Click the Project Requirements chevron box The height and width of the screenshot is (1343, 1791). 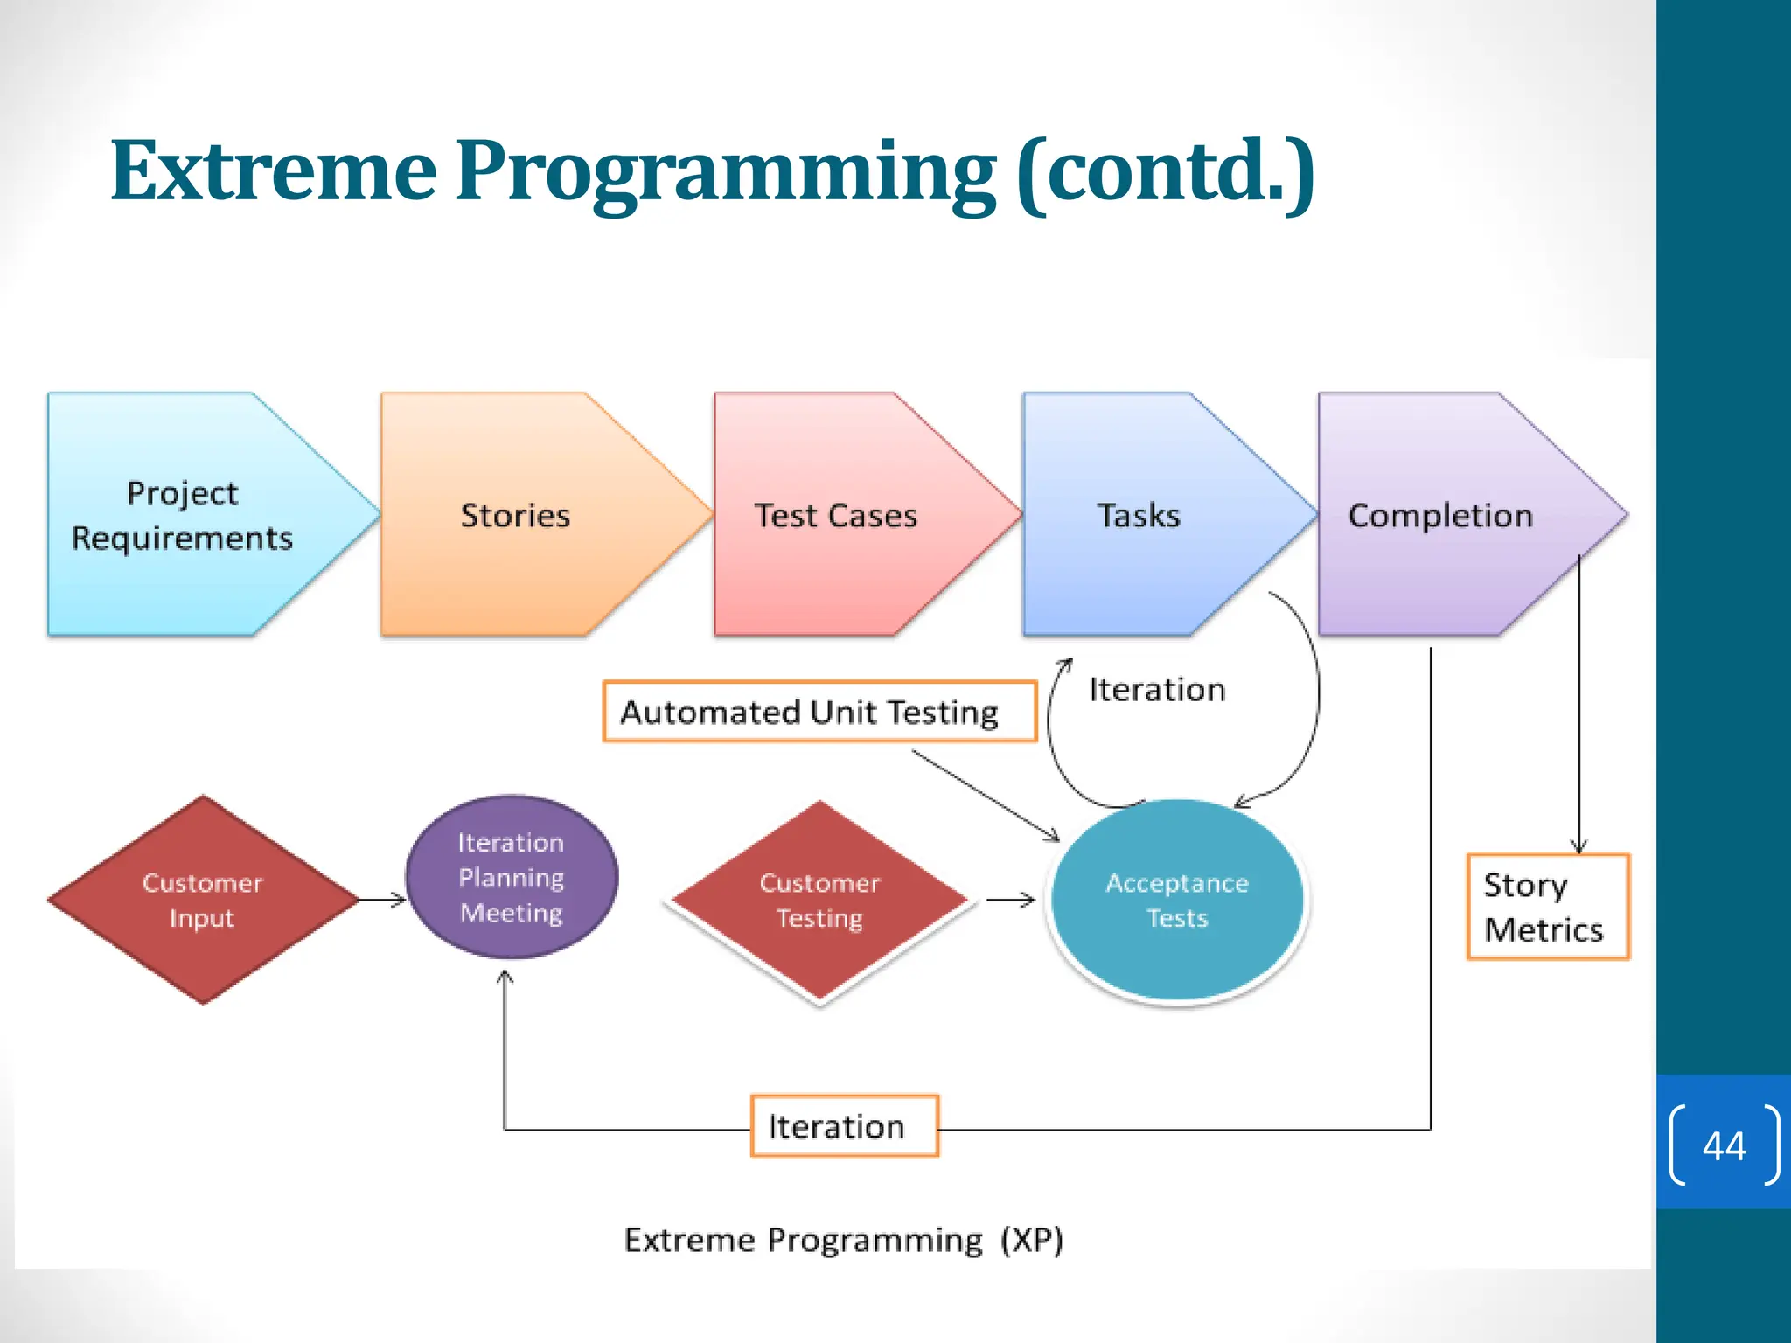pyautogui.click(x=184, y=515)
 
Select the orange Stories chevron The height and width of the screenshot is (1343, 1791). pyautogui.click(x=516, y=515)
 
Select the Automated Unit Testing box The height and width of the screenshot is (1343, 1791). pyautogui.click(x=819, y=712)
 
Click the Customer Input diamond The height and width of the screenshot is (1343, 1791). pyautogui.click(x=203, y=900)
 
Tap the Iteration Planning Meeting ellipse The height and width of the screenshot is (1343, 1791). pyautogui.click(x=512, y=877)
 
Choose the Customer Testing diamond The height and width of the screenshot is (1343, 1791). pyautogui.click(x=819, y=901)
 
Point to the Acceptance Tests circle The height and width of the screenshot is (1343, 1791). pyautogui.click(x=1176, y=901)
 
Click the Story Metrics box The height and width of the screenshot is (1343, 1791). pyautogui.click(x=1547, y=907)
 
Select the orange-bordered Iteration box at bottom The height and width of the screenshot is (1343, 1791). pyautogui.click(x=844, y=1126)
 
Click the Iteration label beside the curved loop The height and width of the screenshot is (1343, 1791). pyautogui.click(x=1157, y=690)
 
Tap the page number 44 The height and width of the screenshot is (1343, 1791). pyautogui.click(x=1724, y=1145)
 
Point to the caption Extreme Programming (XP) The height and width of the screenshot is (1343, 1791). pyautogui.click(x=843, y=1240)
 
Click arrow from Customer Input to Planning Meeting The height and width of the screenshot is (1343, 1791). pyautogui.click(x=383, y=899)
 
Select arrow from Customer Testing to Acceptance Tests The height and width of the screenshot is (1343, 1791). pyautogui.click(x=1011, y=900)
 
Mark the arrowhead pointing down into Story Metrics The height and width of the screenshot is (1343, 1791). pyautogui.click(x=1578, y=845)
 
